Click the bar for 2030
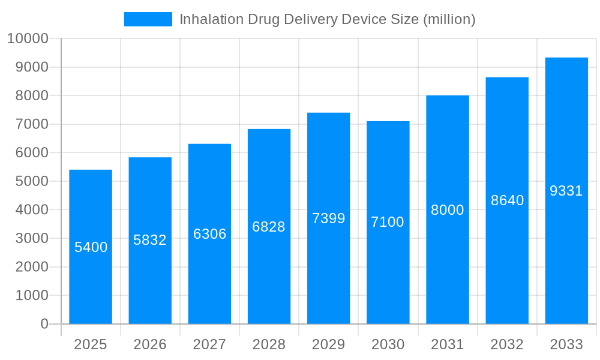tap(388, 270)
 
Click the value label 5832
tap(150, 240)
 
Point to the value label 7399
tap(328, 218)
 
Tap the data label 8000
tap(448, 210)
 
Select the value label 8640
tap(507, 200)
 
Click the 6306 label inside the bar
tap(209, 234)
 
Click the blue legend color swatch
tap(148, 19)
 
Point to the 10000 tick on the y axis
tap(27, 39)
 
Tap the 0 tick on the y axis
tap(44, 324)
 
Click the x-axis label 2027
tap(209, 344)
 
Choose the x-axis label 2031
tap(448, 344)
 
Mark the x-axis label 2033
tap(566, 344)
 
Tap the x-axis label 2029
tap(328, 344)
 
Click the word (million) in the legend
tap(449, 19)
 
